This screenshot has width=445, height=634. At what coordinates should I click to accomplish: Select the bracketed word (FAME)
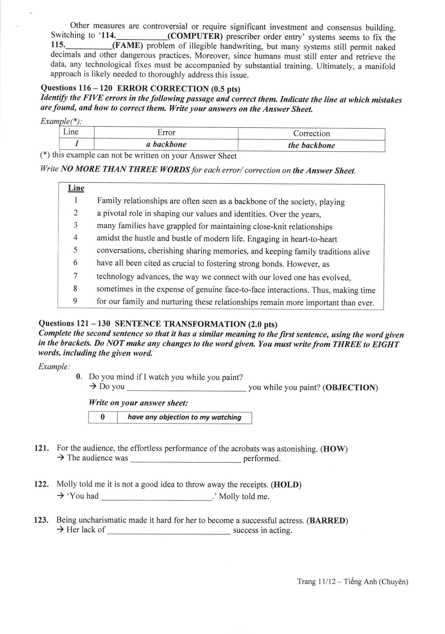pyautogui.click(x=127, y=46)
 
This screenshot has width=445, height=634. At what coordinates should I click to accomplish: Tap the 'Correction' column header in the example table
pyautogui.click(x=311, y=133)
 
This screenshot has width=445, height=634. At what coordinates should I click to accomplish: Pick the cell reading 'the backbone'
pyautogui.click(x=311, y=145)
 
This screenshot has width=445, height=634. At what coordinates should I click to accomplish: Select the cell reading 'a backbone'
pyautogui.click(x=166, y=144)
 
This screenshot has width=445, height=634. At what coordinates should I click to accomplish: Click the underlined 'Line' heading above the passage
pyautogui.click(x=76, y=188)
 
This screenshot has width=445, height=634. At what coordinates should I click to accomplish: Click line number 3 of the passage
pyautogui.click(x=76, y=225)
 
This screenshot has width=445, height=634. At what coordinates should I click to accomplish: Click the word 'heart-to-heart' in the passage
pyautogui.click(x=314, y=239)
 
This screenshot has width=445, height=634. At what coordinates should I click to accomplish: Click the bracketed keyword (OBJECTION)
pyautogui.click(x=350, y=388)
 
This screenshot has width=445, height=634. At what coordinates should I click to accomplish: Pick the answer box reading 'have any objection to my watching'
pyautogui.click(x=184, y=417)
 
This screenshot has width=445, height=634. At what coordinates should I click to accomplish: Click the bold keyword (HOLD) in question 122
pyautogui.click(x=286, y=485)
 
